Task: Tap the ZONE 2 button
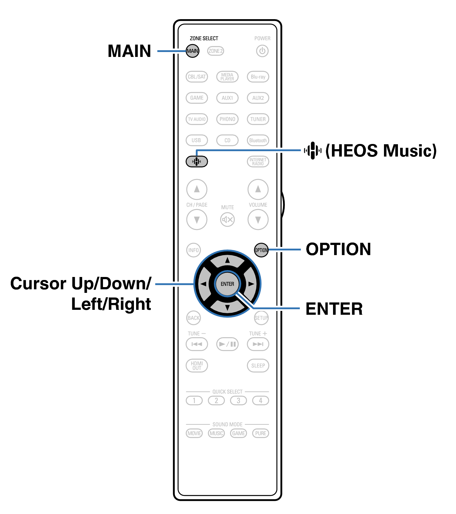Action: (216, 51)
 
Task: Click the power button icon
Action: (262, 51)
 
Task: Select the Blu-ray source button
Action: (258, 77)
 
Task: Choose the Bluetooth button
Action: (258, 140)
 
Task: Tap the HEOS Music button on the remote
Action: (197, 161)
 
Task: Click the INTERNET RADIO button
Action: (258, 161)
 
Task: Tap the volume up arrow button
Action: (258, 189)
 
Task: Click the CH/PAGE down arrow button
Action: (197, 220)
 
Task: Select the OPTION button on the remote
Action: (261, 250)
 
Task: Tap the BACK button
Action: (193, 318)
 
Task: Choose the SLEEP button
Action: (258, 365)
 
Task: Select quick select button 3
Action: (238, 400)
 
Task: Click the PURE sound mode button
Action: (260, 433)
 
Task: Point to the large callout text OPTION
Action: (339, 249)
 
